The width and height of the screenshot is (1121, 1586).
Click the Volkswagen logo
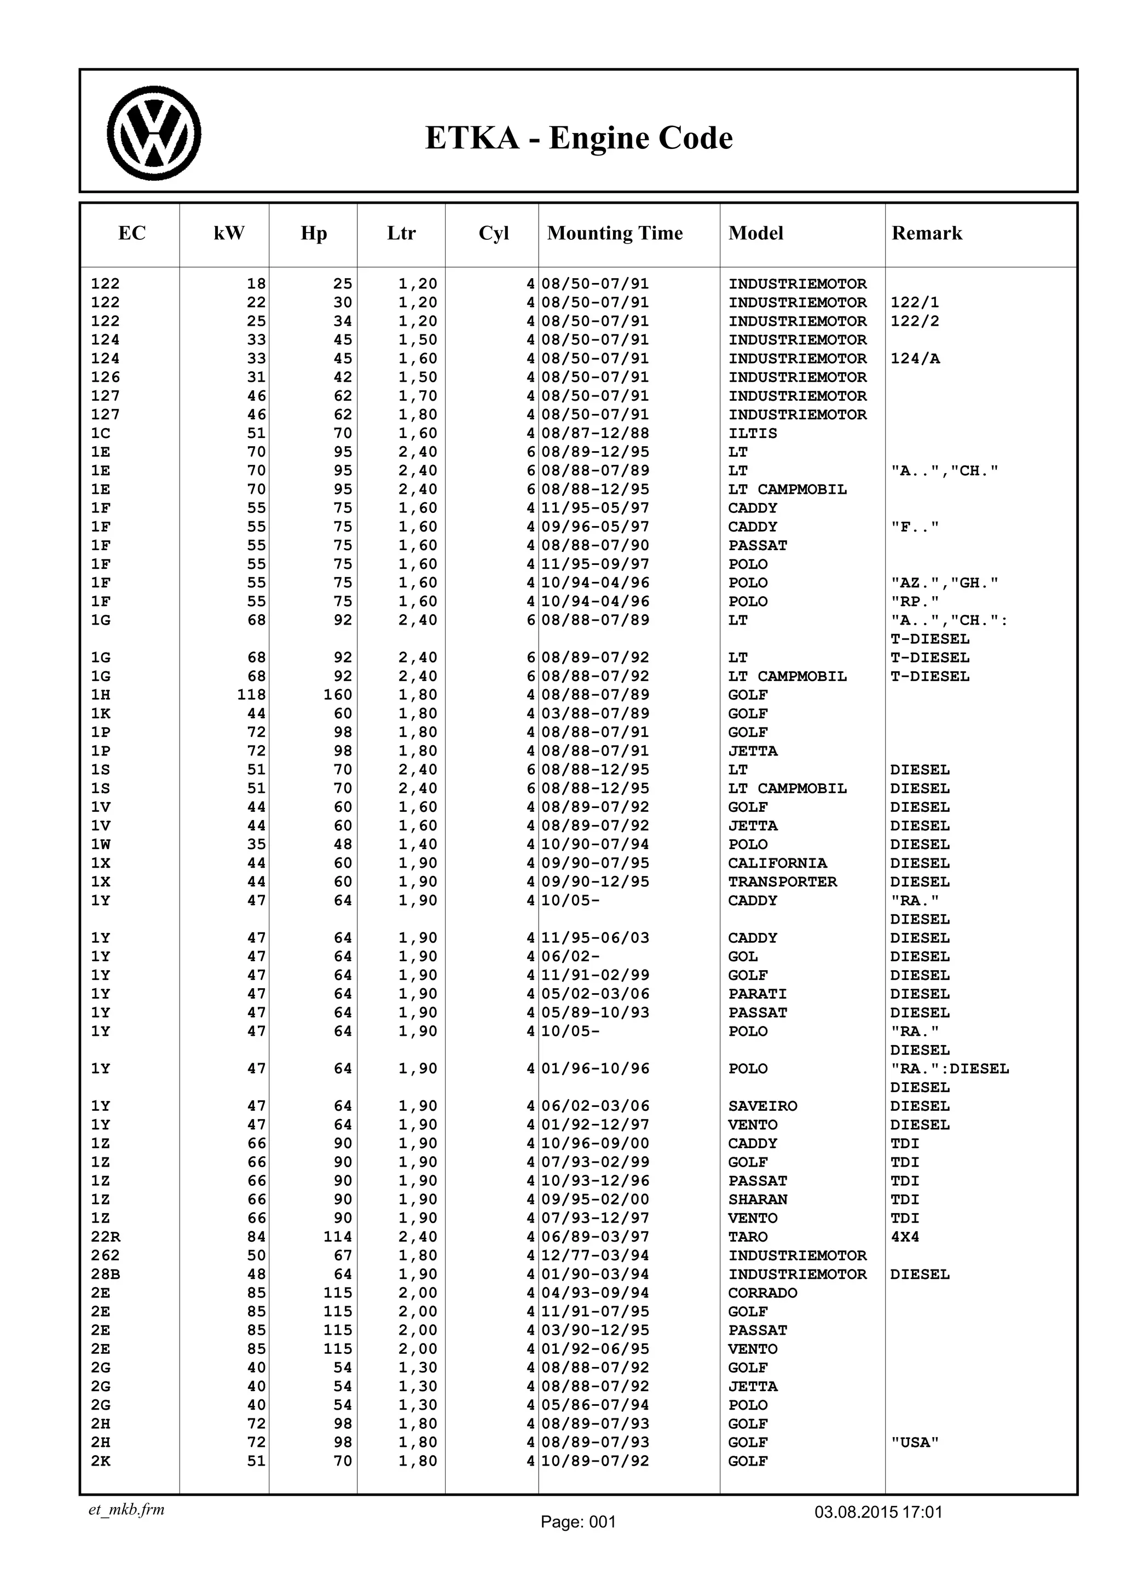coord(153,134)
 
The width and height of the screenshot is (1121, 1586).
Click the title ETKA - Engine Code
coord(578,137)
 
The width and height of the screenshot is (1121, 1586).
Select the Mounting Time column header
coord(615,233)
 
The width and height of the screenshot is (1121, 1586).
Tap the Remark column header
coord(926,233)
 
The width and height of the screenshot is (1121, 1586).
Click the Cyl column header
coord(493,233)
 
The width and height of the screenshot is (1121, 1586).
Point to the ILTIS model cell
coord(752,434)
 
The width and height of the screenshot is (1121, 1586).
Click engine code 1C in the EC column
coord(101,434)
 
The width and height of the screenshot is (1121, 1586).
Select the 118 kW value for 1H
coord(251,695)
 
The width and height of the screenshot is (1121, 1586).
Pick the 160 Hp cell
coord(338,695)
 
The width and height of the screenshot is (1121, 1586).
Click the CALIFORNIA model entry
coord(777,863)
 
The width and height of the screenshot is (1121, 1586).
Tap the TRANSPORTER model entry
coord(782,882)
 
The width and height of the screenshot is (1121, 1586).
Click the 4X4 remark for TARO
coord(904,1237)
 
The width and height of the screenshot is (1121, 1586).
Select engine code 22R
coord(105,1237)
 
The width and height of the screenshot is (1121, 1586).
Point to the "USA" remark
coord(915,1443)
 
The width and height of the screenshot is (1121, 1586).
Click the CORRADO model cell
coord(762,1293)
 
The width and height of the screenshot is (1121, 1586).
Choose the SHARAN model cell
coord(758,1200)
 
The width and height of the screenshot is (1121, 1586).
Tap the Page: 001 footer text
coord(577,1522)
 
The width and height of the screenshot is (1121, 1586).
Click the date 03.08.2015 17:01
coord(878,1512)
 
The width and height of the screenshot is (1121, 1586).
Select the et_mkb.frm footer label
coord(126,1510)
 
